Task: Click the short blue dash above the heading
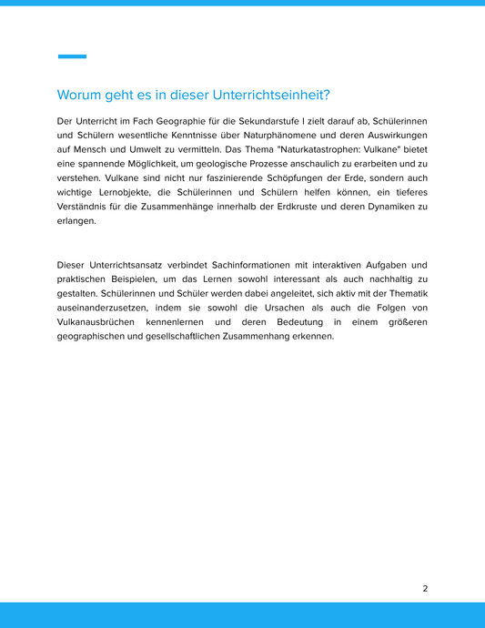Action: (x=72, y=56)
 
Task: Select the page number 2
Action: (x=425, y=588)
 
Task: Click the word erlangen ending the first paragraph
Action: (x=76, y=220)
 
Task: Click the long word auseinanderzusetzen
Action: (x=103, y=308)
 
